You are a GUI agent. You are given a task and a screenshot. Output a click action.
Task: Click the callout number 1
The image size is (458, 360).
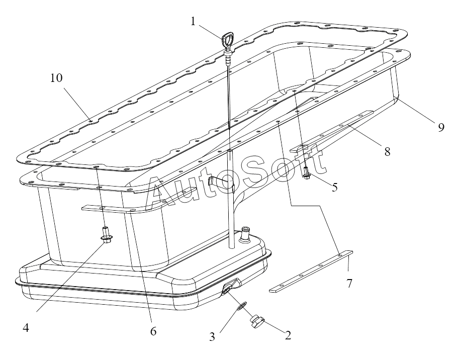(x=193, y=21)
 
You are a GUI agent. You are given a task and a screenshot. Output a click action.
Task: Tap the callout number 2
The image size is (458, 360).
(x=288, y=335)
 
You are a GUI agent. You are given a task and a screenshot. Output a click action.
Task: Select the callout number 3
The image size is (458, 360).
(x=213, y=336)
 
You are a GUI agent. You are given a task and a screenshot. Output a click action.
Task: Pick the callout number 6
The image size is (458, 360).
(x=153, y=331)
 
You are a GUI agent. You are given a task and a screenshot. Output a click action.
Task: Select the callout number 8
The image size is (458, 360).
(x=387, y=151)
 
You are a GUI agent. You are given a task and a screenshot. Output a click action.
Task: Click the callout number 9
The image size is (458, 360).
(x=440, y=127)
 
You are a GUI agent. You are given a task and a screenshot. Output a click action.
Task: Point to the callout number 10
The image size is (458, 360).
(x=57, y=78)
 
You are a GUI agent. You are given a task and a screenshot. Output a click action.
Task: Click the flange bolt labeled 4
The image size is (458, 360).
(x=106, y=235)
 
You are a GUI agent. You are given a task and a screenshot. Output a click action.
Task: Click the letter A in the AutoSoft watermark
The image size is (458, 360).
(x=162, y=194)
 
